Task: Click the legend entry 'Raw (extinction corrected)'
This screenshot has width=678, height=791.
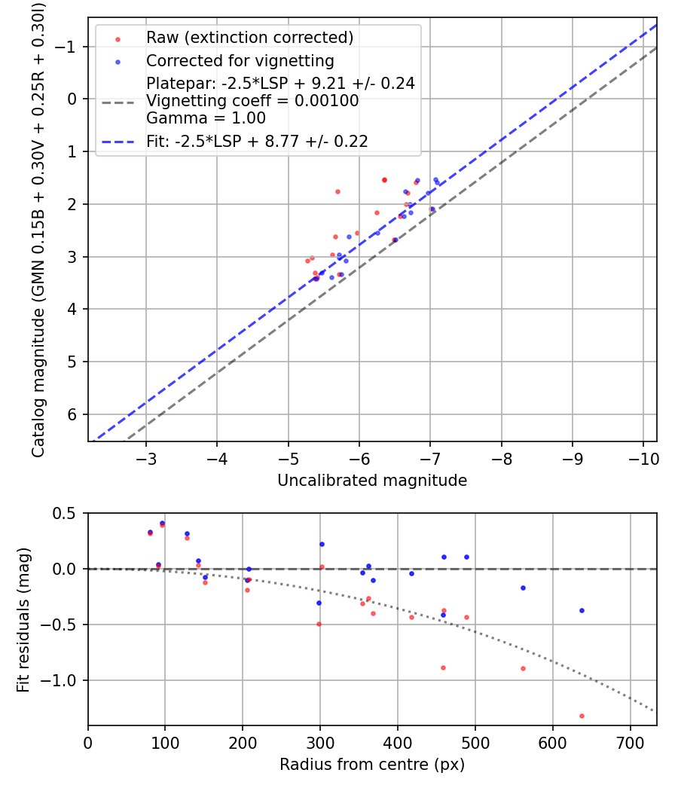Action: [249, 37]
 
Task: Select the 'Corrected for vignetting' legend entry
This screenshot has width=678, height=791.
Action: [240, 60]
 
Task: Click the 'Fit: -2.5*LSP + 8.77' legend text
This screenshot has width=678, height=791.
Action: [256, 141]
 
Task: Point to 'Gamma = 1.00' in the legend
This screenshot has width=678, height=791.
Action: [206, 118]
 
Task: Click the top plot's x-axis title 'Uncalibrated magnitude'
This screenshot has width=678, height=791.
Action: [372, 481]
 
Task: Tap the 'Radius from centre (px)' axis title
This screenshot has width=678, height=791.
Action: [372, 765]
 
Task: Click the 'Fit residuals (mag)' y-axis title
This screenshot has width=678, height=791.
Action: [23, 619]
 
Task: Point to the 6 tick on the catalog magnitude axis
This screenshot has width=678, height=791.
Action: [73, 414]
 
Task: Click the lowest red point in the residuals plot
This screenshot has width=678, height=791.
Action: [582, 716]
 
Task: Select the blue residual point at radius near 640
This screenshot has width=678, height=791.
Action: [582, 610]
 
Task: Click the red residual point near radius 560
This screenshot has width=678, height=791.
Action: [523, 668]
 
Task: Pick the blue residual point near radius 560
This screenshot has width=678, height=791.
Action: [523, 588]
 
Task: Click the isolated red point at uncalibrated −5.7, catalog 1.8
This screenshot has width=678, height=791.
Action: [337, 191]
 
